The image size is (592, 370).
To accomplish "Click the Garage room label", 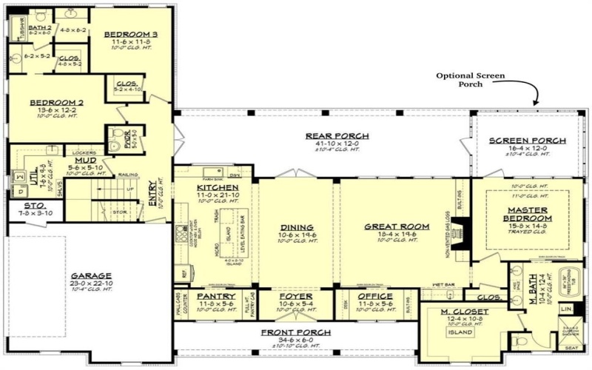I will (x=92, y=274).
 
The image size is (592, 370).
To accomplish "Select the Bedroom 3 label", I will (x=130, y=35).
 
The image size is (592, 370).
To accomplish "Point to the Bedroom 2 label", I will (x=56, y=104).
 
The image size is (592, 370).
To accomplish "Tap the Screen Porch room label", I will (x=528, y=140).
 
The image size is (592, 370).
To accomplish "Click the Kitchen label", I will (x=218, y=188).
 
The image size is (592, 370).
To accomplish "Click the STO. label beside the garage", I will (x=33, y=206).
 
